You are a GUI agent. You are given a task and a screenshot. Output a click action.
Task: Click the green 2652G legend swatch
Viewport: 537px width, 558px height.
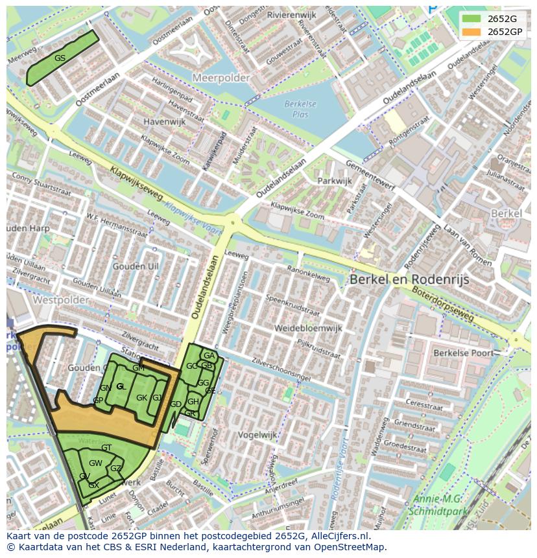pos(471,19)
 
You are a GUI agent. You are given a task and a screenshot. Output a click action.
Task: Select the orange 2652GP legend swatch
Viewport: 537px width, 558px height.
pos(471,32)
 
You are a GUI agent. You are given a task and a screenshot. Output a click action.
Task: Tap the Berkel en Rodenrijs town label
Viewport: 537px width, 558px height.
pos(409,279)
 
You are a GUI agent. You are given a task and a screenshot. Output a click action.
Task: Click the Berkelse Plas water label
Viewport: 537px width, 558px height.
pos(300,109)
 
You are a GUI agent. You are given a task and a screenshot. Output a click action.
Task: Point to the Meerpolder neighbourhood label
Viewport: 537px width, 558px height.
pos(221,78)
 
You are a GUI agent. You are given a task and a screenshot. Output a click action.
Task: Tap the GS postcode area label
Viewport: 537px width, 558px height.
pos(60,58)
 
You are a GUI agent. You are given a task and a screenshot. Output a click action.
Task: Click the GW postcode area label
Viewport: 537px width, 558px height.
pos(95,463)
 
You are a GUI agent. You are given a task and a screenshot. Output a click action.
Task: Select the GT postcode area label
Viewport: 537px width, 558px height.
pos(106,448)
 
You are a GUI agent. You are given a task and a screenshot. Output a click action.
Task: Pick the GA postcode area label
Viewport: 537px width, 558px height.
pos(209,356)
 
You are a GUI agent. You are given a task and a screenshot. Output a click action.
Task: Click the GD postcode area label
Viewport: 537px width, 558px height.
pos(175,404)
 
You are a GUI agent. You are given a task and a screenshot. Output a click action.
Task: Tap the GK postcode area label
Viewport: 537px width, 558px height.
pos(141,398)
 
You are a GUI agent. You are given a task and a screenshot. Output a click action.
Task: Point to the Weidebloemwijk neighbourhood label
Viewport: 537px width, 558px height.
pos(307,329)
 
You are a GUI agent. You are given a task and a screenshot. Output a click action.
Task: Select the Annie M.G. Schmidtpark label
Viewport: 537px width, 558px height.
pos(438,505)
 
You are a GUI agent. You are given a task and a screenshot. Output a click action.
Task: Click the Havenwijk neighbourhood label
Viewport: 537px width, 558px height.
pos(165,121)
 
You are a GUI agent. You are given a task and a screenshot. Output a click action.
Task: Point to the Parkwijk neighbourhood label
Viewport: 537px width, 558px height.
pos(335,181)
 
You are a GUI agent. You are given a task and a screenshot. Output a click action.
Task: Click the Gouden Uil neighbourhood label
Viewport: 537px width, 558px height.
pos(136,266)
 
